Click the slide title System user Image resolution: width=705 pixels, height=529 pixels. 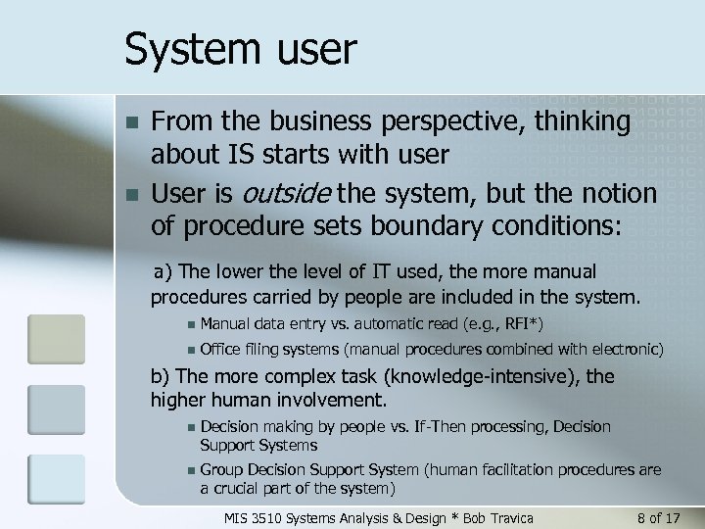click(241, 48)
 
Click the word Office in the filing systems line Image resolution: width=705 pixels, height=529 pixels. click(220, 349)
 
